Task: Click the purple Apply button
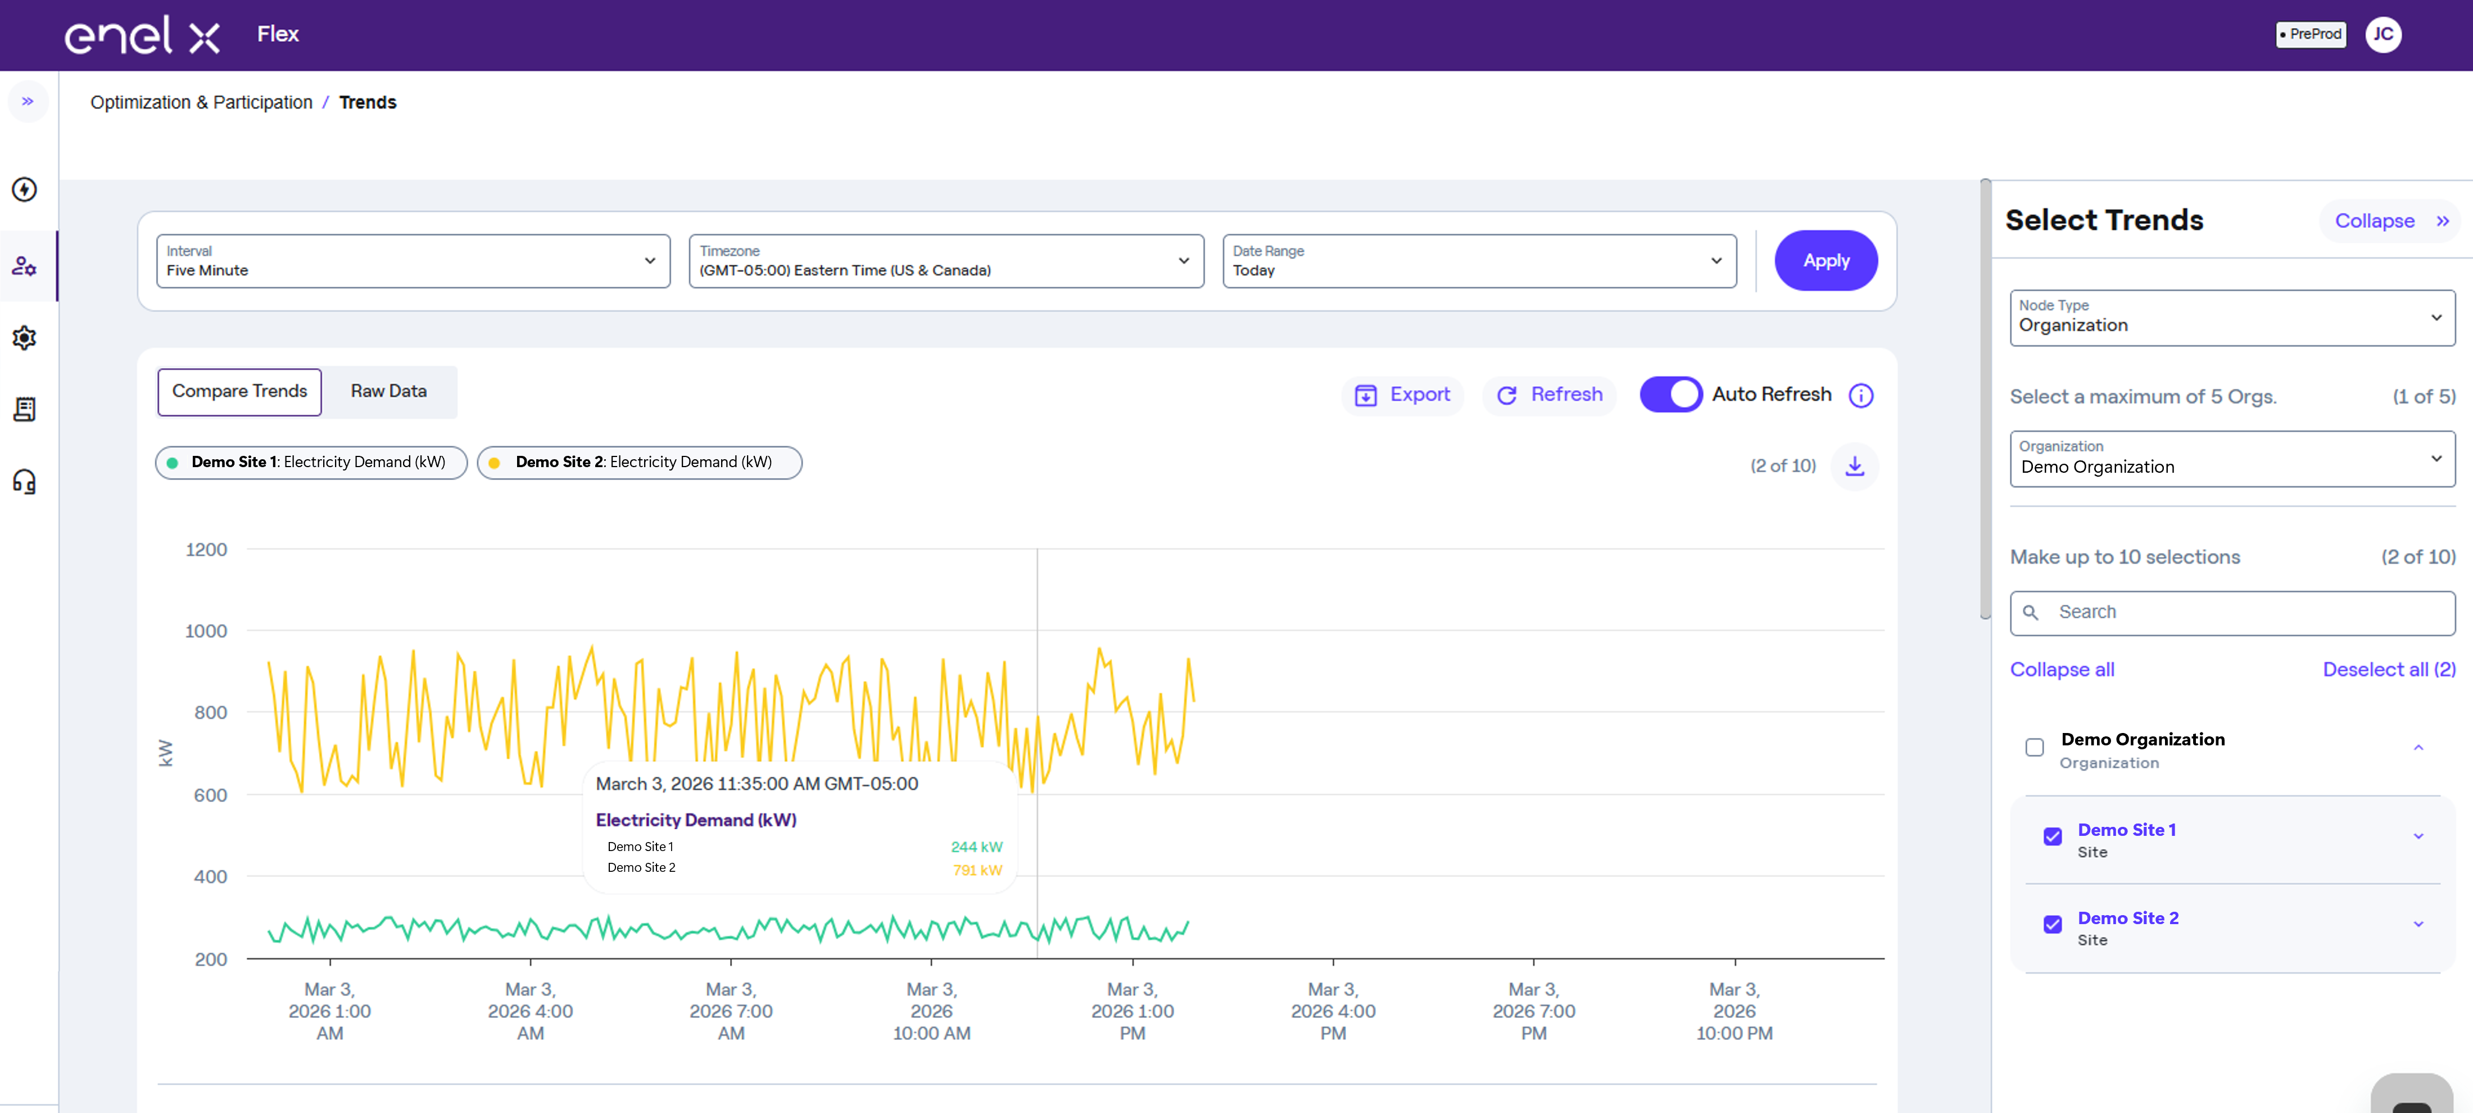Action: tap(1825, 260)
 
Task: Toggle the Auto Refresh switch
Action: tap(1670, 395)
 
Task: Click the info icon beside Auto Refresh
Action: tap(1860, 396)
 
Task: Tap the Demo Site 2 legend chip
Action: tap(640, 463)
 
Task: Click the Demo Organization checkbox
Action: tap(2034, 747)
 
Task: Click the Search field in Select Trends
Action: tap(2232, 613)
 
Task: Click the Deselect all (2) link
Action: tap(2389, 669)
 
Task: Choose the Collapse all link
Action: tap(2062, 669)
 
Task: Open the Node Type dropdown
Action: tap(2232, 318)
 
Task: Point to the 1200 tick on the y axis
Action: tap(206, 549)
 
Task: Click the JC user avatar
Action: tap(2383, 35)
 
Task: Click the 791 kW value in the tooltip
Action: tap(977, 870)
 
